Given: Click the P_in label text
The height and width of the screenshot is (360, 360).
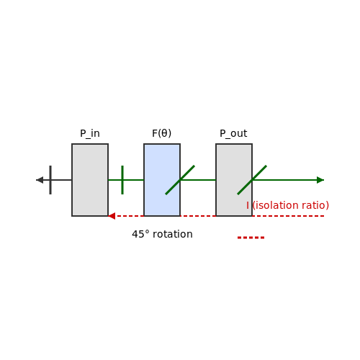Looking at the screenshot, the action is pyautogui.click(x=90, y=134).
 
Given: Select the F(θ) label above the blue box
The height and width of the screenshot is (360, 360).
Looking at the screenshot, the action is pyautogui.click(x=162, y=133).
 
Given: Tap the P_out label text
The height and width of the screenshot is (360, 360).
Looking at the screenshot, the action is pyautogui.click(x=233, y=134).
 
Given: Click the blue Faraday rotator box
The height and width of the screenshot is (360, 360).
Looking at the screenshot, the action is pyautogui.click(x=162, y=180).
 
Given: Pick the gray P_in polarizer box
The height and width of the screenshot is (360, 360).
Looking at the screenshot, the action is pyautogui.click(x=90, y=180).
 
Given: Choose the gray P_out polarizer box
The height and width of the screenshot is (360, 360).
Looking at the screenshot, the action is pyautogui.click(x=234, y=180).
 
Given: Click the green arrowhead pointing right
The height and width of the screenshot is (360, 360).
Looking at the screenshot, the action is pyautogui.click(x=320, y=180).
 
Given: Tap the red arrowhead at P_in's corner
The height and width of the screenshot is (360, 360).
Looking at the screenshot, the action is pyautogui.click(x=112, y=216).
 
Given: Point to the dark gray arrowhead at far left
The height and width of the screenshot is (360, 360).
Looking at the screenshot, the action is pyautogui.click(x=40, y=180).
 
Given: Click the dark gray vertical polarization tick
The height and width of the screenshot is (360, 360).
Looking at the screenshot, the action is pyautogui.click(x=50, y=180).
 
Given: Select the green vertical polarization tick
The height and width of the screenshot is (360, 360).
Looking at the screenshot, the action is pyautogui.click(x=122, y=180).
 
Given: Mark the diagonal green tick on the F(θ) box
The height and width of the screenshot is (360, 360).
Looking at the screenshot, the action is pyautogui.click(x=180, y=180).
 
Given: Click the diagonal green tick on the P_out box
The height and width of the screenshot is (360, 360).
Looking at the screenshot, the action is pyautogui.click(x=252, y=180).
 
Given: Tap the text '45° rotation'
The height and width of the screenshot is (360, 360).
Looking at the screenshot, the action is pyautogui.click(x=162, y=234).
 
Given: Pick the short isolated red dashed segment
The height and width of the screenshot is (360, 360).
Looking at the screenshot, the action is pyautogui.click(x=251, y=238).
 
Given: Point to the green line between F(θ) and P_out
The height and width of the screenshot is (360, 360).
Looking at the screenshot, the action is pyautogui.click(x=198, y=180).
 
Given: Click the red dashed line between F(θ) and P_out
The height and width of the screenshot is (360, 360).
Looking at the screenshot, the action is pyautogui.click(x=198, y=216).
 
